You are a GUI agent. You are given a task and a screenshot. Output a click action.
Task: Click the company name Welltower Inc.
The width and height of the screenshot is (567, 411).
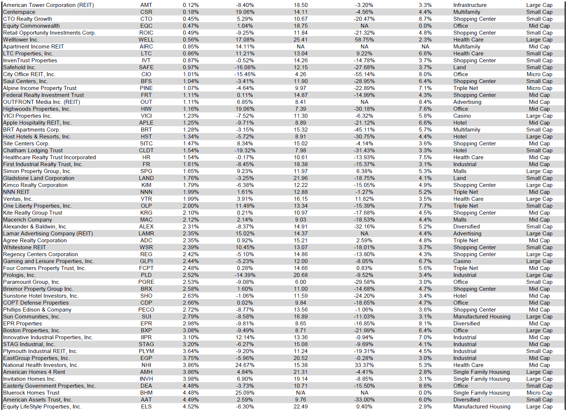[21, 40]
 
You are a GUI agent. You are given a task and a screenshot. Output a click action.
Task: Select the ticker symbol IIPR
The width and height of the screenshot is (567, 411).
[146, 337]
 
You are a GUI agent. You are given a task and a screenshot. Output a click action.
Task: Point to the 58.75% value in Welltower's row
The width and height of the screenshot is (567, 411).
[364, 40]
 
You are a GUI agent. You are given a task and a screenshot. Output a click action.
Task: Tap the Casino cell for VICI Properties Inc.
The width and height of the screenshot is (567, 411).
[462, 116]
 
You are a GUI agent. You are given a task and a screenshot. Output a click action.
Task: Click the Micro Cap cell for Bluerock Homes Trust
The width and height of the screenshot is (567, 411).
[539, 393]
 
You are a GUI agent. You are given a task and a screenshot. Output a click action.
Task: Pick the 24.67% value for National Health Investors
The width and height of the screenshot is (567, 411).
[245, 365]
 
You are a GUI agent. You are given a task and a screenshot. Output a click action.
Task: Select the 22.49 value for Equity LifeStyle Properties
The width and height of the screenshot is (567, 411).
[300, 407]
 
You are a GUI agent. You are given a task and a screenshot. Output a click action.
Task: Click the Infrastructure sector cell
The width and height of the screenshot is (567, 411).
[470, 5]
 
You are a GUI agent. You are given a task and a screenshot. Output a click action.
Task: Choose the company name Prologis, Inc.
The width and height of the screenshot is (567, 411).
[19, 275]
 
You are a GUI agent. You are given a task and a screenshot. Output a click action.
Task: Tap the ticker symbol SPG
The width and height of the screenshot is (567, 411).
[146, 171]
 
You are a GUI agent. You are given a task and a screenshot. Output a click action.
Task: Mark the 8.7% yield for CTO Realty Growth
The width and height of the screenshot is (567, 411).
[425, 19]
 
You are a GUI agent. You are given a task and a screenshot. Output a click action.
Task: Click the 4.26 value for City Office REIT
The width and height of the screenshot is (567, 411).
[300, 74]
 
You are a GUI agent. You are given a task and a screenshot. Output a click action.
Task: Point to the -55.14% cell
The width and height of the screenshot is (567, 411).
[364, 74]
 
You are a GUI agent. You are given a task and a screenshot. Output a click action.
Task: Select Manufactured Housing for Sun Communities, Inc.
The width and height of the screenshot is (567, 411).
[481, 317]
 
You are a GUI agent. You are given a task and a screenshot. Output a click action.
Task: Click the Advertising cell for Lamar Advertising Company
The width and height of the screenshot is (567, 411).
[467, 234]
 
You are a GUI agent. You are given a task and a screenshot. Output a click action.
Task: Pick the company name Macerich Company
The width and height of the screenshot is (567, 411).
[28, 220]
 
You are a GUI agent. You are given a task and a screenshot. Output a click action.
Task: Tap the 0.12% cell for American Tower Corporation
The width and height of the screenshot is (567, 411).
[190, 5]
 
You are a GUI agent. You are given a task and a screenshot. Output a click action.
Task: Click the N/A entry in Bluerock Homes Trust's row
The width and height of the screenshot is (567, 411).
[300, 393]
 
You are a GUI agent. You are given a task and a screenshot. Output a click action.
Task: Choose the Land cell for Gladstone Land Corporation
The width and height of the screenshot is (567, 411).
[459, 178]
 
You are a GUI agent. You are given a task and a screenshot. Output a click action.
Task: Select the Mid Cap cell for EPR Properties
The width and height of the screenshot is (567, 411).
[539, 324]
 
